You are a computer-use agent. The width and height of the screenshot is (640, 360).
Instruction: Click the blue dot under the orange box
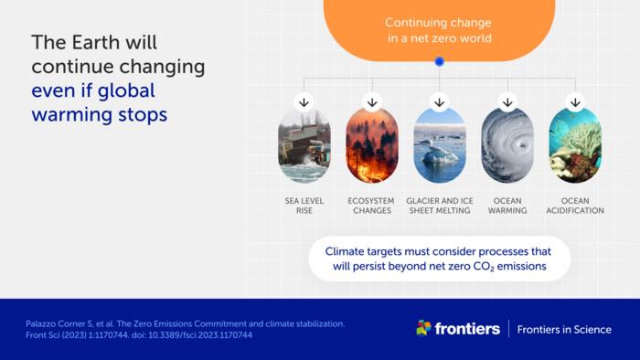click(x=440, y=61)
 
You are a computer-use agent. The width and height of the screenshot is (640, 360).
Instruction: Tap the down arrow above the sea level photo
click(x=304, y=101)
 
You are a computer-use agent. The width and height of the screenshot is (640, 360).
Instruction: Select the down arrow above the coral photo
click(x=575, y=101)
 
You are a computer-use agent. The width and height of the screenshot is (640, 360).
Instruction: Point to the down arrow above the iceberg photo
click(x=440, y=101)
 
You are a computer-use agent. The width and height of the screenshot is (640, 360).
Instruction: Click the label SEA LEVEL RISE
click(x=304, y=205)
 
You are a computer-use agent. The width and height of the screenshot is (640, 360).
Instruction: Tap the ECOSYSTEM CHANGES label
click(x=372, y=205)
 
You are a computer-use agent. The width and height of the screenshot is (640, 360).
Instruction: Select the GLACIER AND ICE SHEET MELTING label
click(x=440, y=205)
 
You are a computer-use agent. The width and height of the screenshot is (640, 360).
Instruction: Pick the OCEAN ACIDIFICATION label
click(x=575, y=205)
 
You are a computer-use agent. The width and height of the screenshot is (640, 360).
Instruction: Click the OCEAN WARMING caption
click(x=507, y=205)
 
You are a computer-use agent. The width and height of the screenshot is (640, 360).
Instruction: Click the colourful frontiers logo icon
click(x=423, y=328)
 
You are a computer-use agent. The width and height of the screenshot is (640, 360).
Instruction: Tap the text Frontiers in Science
click(x=564, y=329)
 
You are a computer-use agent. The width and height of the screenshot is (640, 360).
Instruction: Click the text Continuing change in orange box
click(x=439, y=22)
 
